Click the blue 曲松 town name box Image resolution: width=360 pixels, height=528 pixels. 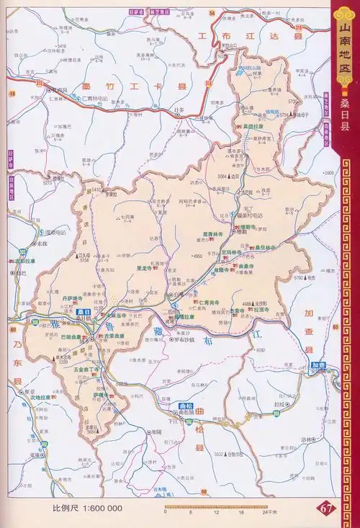186,405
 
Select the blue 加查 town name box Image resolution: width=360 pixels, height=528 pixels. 316,365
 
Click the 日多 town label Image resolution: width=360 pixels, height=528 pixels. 180,109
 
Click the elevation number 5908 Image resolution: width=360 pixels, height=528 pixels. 330,173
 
